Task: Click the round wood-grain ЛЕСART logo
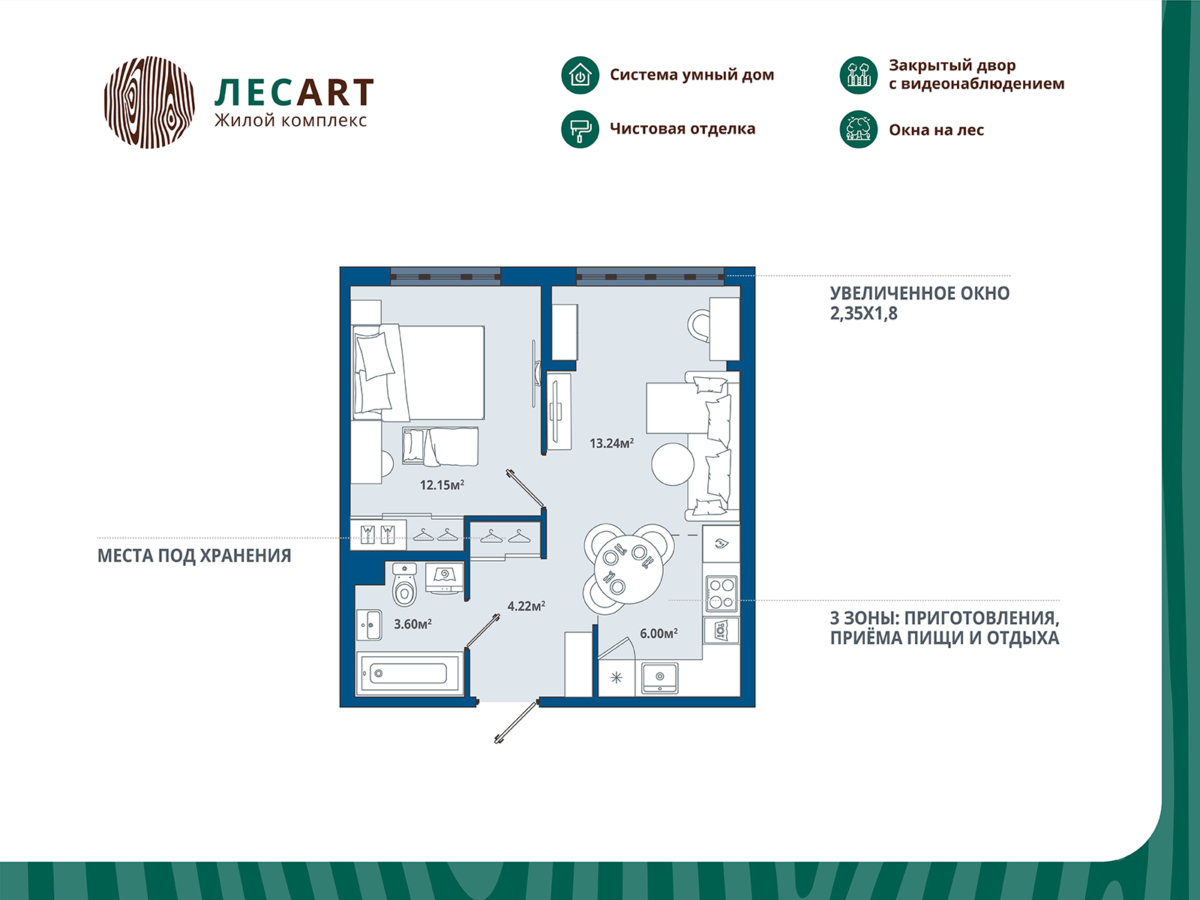point(149,102)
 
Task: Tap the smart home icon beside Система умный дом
point(580,76)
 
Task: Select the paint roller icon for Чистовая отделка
point(580,130)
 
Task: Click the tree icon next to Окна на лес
point(858,130)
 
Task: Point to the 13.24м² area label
point(611,442)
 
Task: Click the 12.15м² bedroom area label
point(442,484)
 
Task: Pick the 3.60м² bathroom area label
point(412,623)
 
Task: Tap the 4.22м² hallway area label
point(526,605)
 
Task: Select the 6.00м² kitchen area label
point(658,633)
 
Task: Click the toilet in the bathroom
point(404,585)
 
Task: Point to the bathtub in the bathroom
point(409,673)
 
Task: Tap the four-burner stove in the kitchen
point(721,593)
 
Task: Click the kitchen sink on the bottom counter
point(659,678)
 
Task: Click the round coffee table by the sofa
point(673,464)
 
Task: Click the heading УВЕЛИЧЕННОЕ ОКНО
point(919,293)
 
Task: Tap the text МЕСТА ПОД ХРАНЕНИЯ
point(194,556)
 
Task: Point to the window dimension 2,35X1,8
point(864,313)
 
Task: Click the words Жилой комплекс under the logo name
point(290,121)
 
